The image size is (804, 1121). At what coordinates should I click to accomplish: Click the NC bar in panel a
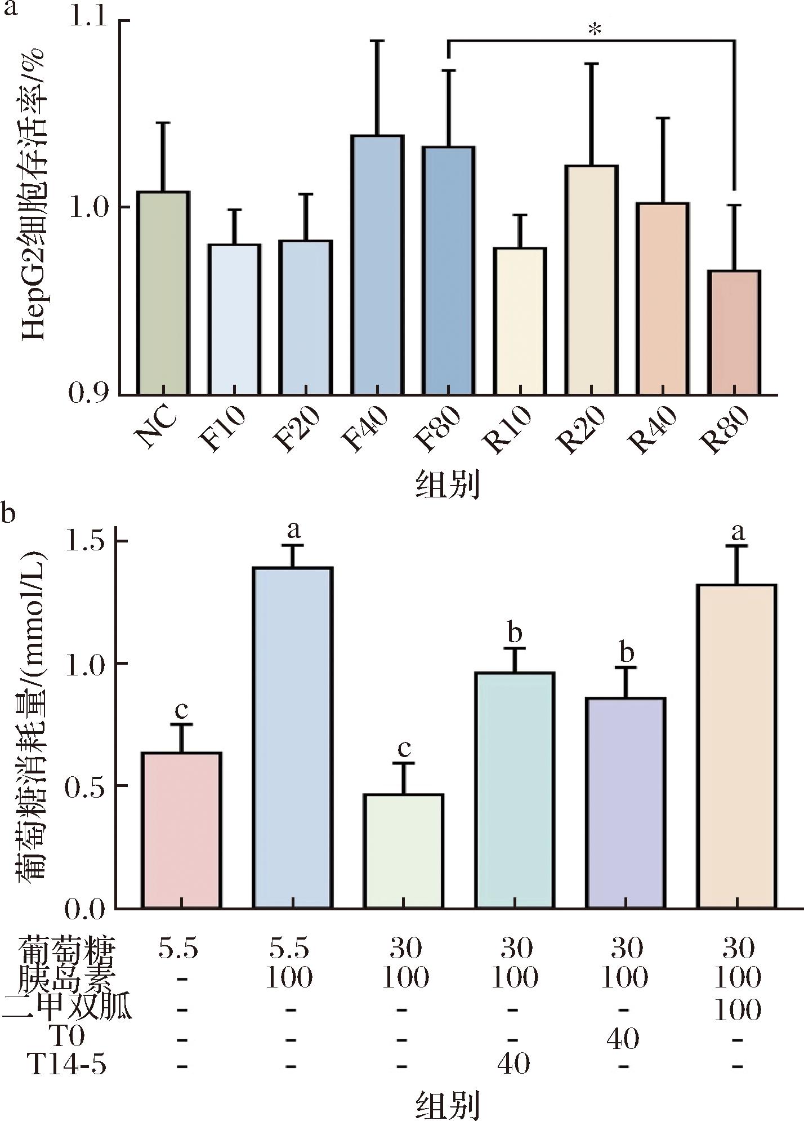(x=164, y=293)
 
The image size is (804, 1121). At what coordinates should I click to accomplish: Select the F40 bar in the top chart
(x=377, y=265)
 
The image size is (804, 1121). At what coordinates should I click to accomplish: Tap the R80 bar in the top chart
(x=734, y=332)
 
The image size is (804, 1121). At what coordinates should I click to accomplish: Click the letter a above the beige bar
(x=737, y=531)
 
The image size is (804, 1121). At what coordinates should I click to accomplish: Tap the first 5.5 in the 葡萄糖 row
(x=178, y=949)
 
